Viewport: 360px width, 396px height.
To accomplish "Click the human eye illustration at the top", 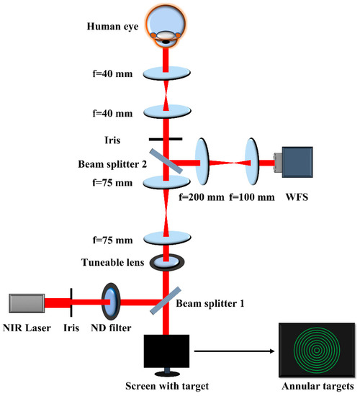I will pos(167,25).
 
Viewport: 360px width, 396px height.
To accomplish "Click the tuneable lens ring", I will pos(167,264).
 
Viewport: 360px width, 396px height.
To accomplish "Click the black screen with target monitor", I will pos(167,353).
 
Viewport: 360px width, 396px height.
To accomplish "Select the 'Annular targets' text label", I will pos(312,389).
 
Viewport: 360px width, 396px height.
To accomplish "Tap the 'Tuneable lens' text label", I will pos(110,264).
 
